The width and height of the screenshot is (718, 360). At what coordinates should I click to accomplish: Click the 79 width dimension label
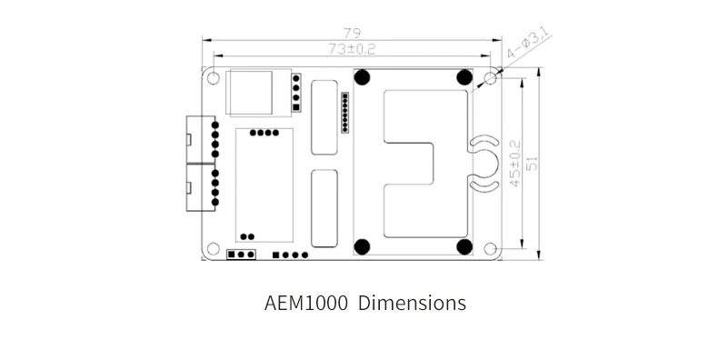[352, 33]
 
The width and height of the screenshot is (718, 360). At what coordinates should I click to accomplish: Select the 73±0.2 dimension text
[352, 49]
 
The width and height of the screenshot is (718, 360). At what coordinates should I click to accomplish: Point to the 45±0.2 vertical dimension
[515, 164]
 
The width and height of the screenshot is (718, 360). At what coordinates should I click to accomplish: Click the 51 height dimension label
[532, 164]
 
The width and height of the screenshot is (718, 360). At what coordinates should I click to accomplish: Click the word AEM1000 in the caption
[306, 304]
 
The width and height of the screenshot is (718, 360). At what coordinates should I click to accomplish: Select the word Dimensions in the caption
[412, 304]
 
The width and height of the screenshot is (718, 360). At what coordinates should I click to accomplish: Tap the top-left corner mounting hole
[213, 78]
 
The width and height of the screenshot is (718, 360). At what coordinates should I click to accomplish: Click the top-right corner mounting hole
[491, 78]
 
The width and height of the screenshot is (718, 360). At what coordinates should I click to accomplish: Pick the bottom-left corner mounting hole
[213, 249]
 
